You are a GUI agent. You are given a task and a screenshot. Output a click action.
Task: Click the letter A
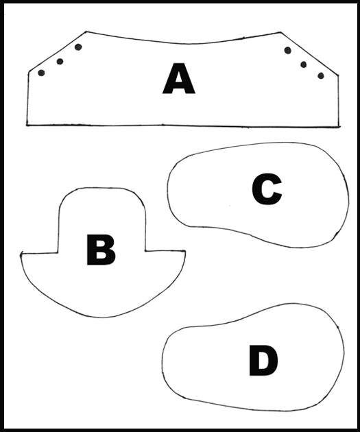179,79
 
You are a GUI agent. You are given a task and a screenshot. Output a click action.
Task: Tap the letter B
101,250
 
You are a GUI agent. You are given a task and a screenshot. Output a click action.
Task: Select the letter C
267,189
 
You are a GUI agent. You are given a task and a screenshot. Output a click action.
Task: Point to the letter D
263,361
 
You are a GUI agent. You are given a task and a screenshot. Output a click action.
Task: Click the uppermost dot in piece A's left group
78,47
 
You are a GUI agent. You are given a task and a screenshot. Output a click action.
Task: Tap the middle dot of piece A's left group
60,61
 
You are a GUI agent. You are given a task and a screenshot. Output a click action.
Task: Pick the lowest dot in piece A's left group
41,73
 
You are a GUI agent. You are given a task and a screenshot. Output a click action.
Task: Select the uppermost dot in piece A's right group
287,50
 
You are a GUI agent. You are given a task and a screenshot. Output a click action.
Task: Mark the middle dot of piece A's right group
303,64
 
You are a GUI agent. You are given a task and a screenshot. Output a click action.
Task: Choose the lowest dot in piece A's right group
321,75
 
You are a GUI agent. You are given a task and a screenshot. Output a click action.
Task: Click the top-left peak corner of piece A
86,32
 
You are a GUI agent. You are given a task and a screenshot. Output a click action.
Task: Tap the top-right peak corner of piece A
280,32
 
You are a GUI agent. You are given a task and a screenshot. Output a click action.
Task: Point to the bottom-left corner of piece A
27,125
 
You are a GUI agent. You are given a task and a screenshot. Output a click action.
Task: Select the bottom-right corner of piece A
339,127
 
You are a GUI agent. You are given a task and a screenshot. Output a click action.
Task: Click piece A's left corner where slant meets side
29,72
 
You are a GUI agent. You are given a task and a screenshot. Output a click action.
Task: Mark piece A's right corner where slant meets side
338,75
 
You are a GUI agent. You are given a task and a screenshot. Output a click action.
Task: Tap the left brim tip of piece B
21,254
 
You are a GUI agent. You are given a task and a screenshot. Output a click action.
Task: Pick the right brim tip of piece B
185,251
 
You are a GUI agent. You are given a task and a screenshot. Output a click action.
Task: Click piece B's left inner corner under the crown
58,252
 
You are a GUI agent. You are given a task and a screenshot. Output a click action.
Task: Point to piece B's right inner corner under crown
145,251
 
